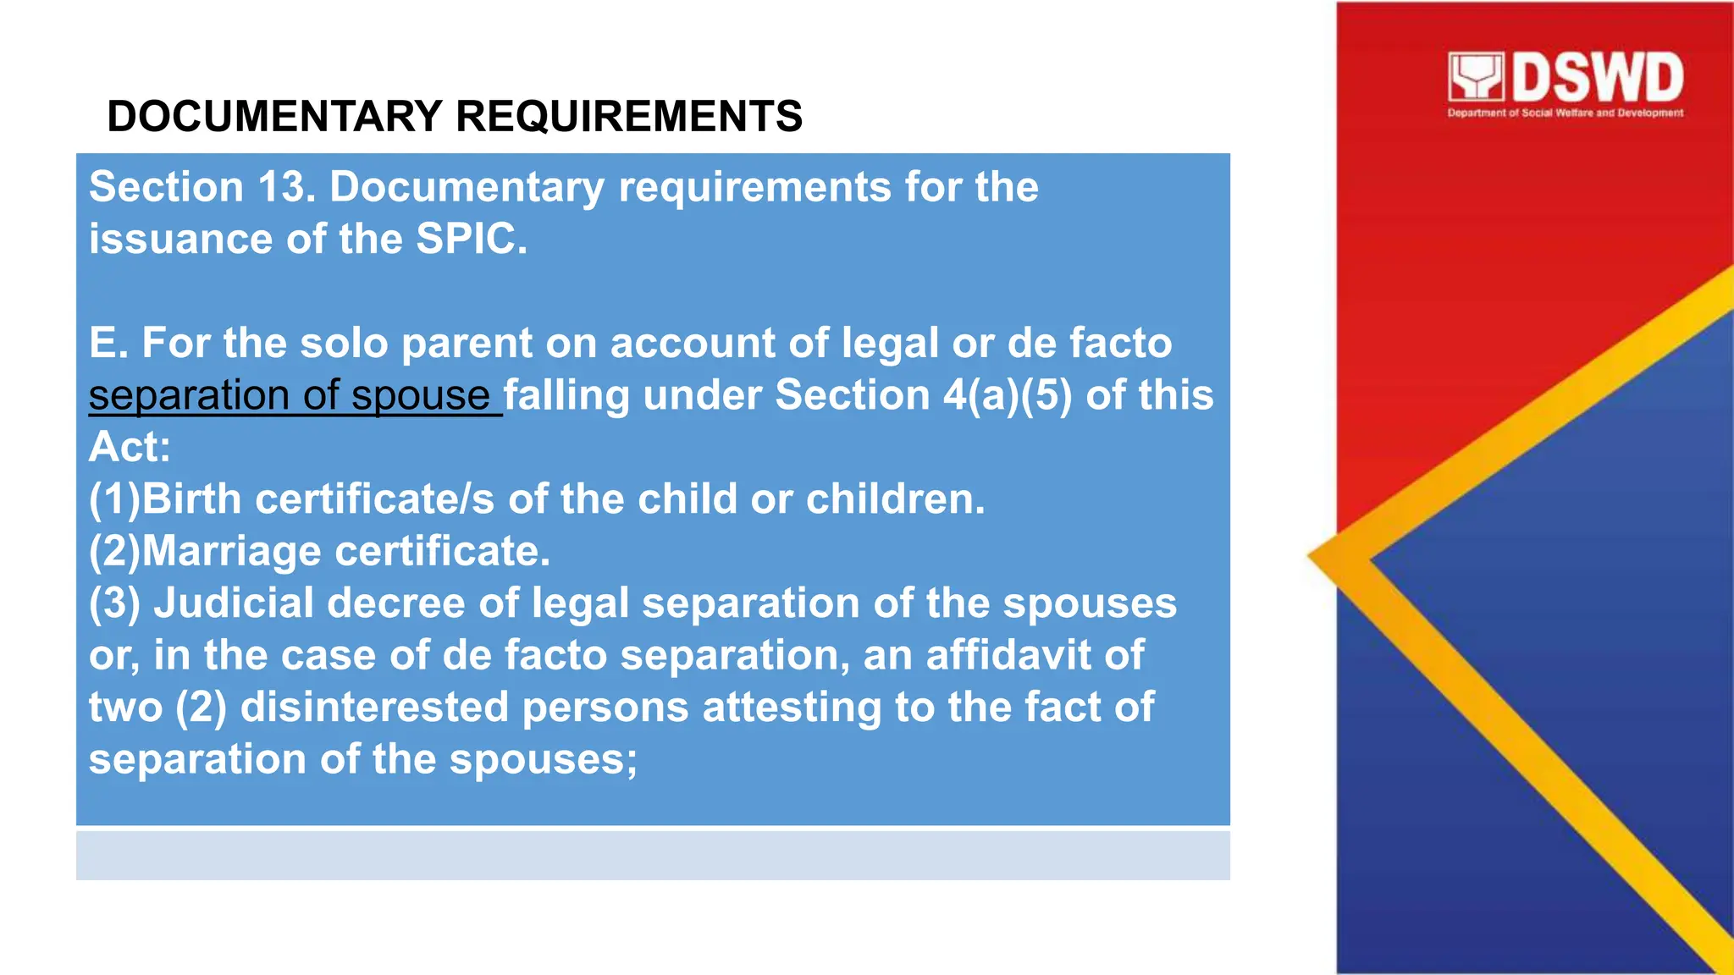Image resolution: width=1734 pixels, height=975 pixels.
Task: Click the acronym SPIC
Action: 471,240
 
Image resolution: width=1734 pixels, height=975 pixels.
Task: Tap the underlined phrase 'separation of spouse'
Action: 290,395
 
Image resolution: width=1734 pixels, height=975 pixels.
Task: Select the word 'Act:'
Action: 130,447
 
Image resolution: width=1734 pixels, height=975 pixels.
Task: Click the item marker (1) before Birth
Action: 115,499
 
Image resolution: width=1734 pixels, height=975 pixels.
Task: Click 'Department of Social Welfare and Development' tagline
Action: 1565,113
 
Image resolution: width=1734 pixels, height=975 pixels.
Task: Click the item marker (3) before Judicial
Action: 115,603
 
